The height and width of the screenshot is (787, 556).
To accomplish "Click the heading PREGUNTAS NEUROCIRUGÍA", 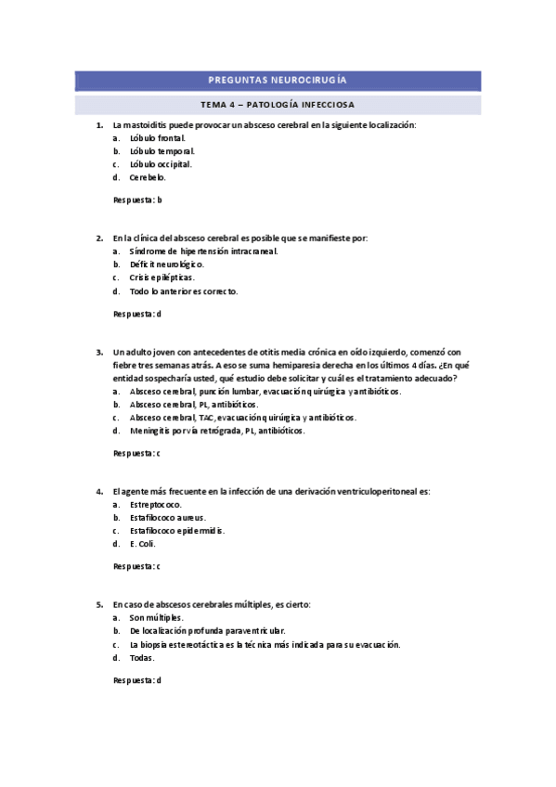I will pyautogui.click(x=278, y=81).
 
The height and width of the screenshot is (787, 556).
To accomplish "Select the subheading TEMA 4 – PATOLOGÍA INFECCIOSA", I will pyautogui.click(x=278, y=104).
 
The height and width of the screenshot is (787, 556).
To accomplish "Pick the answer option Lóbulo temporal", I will pyautogui.click(x=162, y=150).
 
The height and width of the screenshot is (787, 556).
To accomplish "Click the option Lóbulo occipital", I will pyautogui.click(x=161, y=163).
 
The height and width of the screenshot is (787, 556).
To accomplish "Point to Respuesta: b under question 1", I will pyautogui.click(x=137, y=200).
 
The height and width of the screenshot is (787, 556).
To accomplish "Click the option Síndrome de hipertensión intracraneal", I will pyautogui.click(x=203, y=251).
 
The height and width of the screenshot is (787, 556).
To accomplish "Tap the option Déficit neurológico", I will pyautogui.click(x=167, y=264).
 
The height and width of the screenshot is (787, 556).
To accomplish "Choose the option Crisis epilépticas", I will pyautogui.click(x=162, y=277).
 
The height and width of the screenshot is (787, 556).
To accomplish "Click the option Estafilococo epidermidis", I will pyautogui.click(x=177, y=530).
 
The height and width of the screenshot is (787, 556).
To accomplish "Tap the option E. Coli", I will pyautogui.click(x=143, y=543).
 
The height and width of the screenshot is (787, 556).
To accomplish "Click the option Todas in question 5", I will pyautogui.click(x=142, y=657).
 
